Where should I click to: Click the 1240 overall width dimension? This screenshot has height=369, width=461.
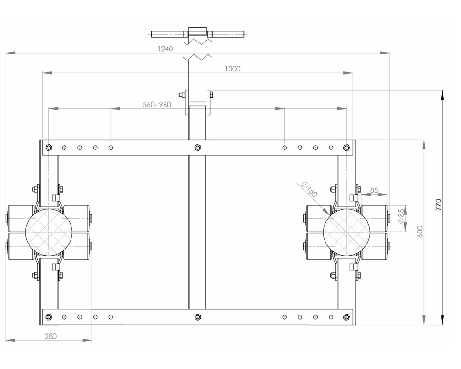165,48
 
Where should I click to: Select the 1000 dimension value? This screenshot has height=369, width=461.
233,69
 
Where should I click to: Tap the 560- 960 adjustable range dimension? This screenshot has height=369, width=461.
157,105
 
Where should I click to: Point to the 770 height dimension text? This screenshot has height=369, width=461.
438,204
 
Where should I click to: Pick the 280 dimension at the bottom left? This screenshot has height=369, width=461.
51,336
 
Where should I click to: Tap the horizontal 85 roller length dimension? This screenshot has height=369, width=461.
374,190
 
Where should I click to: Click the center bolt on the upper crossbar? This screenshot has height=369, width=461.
197,148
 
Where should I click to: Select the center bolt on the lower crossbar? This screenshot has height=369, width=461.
197,317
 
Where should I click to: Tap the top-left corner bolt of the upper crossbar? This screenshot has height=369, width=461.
48,148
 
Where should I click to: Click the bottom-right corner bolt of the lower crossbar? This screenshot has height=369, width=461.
347,317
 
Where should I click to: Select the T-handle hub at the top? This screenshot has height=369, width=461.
198,34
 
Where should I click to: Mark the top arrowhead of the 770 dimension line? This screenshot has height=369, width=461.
443,94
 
